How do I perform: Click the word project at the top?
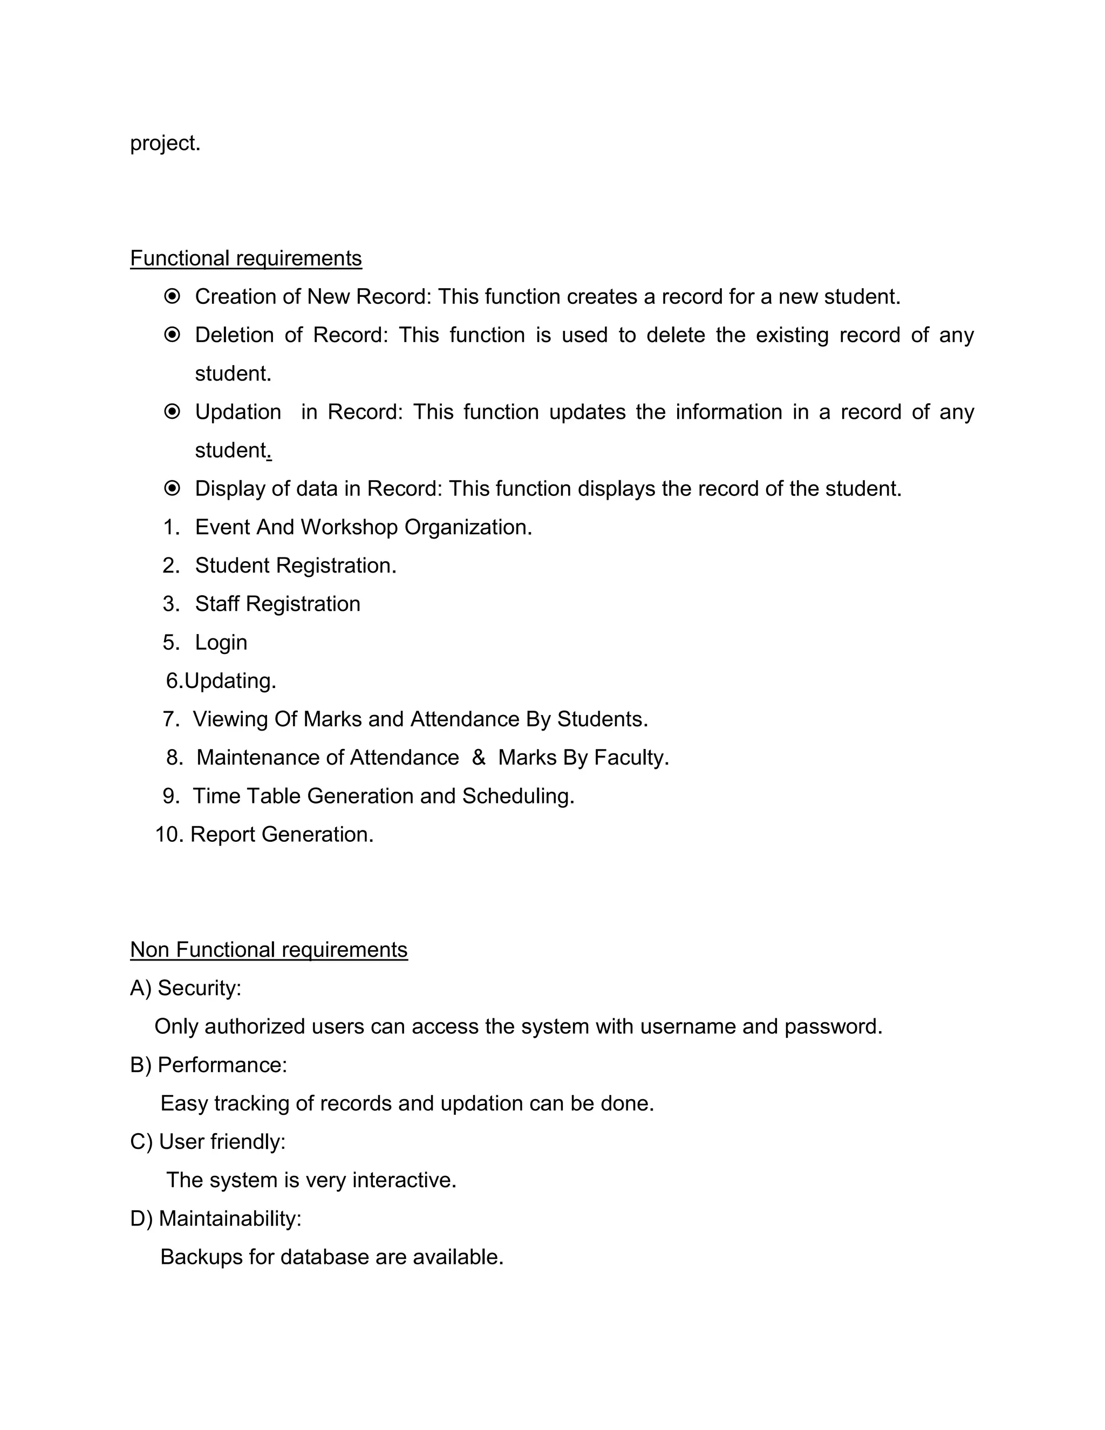pyautogui.click(x=165, y=143)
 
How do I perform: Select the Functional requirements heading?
pyautogui.click(x=245, y=258)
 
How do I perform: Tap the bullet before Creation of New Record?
pyautogui.click(x=172, y=297)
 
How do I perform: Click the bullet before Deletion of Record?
pyautogui.click(x=172, y=335)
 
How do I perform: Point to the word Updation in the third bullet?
pyautogui.click(x=237, y=412)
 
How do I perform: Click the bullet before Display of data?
pyautogui.click(x=172, y=488)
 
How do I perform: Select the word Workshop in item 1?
pyautogui.click(x=349, y=527)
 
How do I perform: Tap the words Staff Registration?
pyautogui.click(x=277, y=604)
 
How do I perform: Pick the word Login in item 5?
pyautogui.click(x=221, y=642)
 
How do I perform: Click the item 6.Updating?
pyautogui.click(x=221, y=681)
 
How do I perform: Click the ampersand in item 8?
pyautogui.click(x=478, y=758)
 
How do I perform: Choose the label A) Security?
pyautogui.click(x=185, y=988)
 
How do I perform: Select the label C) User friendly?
pyautogui.click(x=208, y=1142)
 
